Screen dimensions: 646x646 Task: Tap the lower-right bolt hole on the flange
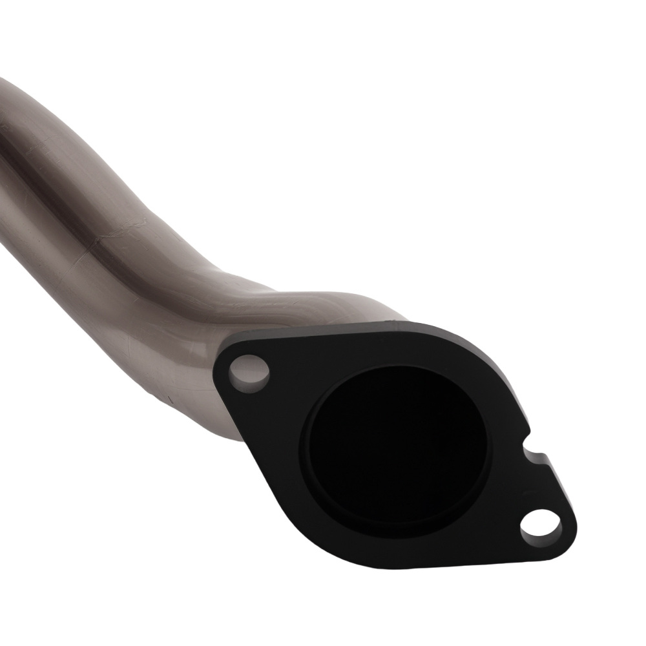pyautogui.click(x=541, y=524)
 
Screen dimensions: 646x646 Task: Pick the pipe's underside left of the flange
pyautogui.click(x=194, y=401)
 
